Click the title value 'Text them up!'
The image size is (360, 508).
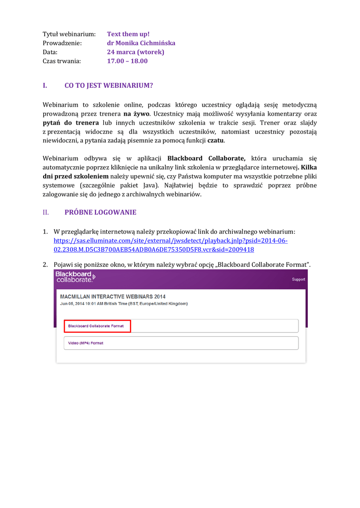click(128, 34)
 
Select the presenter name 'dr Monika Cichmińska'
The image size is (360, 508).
click(141, 43)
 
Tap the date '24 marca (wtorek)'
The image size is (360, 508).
click(136, 52)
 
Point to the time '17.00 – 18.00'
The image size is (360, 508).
click(127, 61)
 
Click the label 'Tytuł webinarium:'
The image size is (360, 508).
click(69, 34)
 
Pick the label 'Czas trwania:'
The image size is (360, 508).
click(61, 61)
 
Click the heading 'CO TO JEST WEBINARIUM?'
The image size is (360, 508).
click(109, 85)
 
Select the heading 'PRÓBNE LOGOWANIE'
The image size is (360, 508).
click(100, 212)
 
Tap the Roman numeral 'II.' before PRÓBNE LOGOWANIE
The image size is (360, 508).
click(46, 212)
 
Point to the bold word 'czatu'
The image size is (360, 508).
click(215, 140)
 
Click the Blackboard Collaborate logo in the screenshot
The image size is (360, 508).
click(75, 277)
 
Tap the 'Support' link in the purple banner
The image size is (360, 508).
click(298, 279)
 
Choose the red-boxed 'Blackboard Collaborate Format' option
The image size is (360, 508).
click(96, 326)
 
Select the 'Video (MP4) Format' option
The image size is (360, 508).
click(85, 343)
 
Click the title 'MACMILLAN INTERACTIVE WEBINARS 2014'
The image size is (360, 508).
click(113, 296)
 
